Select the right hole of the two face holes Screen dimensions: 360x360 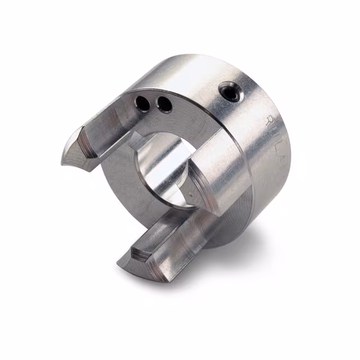tap(164, 104)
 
